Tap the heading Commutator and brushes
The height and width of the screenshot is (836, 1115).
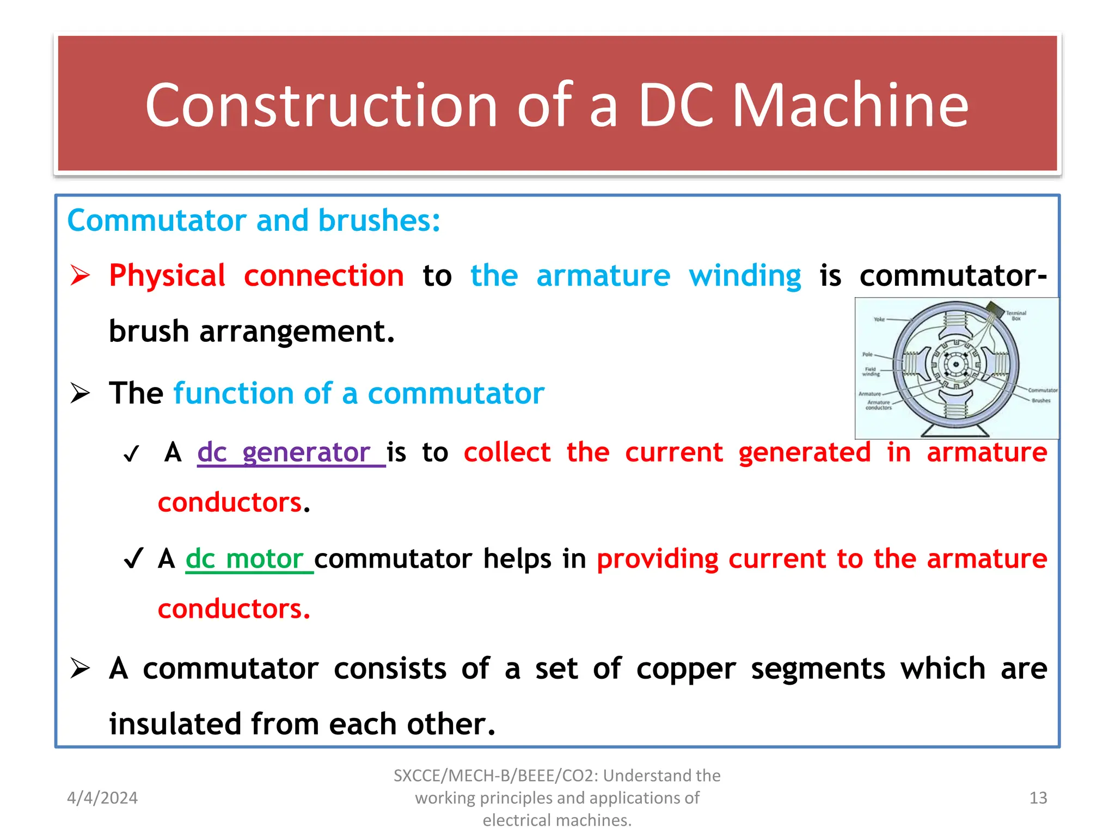pyautogui.click(x=253, y=220)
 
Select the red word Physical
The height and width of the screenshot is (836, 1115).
pyautogui.click(x=167, y=275)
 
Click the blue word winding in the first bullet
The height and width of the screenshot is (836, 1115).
pyautogui.click(x=744, y=275)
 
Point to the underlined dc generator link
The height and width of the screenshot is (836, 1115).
pyautogui.click(x=283, y=452)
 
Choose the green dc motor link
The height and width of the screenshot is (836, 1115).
pyautogui.click(x=244, y=559)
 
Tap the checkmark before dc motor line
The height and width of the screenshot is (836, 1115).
pyautogui.click(x=133, y=558)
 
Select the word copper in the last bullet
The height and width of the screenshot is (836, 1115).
pyautogui.click(x=686, y=669)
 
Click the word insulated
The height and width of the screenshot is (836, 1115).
pyautogui.click(x=175, y=724)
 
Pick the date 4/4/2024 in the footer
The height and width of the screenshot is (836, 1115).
pyautogui.click(x=102, y=798)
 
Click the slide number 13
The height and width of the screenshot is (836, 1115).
pyautogui.click(x=1038, y=798)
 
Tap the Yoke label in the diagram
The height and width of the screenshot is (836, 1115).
pyautogui.click(x=879, y=319)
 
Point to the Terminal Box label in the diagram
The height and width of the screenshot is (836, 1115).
pyautogui.click(x=1015, y=315)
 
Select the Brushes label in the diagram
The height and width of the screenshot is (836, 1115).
pyautogui.click(x=1040, y=401)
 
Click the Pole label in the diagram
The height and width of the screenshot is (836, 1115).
pyautogui.click(x=867, y=354)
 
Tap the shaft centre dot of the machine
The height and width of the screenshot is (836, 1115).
pyautogui.click(x=955, y=365)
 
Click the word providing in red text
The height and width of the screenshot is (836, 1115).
pyautogui.click(x=658, y=559)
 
